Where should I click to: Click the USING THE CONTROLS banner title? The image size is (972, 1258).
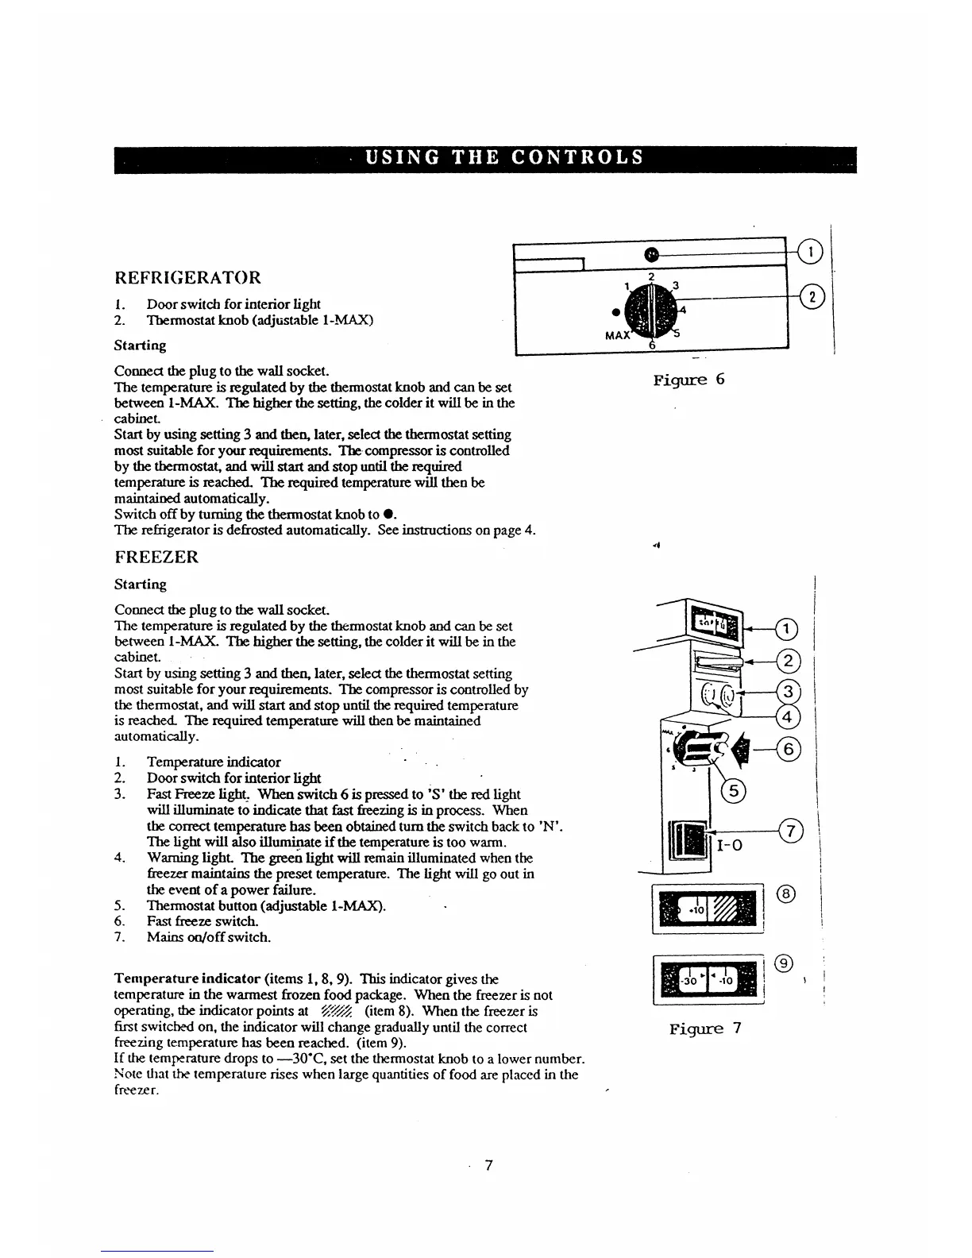(503, 157)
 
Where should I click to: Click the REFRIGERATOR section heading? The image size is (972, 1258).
(187, 278)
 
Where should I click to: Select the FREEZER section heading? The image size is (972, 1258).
(156, 557)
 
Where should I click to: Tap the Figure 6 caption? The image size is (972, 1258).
(688, 380)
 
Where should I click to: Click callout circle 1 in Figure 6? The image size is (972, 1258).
(810, 253)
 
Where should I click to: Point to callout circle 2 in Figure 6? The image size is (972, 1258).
(813, 298)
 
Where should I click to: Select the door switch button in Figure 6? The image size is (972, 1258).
(651, 254)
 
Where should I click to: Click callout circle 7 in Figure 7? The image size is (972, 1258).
(791, 831)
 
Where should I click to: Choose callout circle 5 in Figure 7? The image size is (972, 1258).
(731, 790)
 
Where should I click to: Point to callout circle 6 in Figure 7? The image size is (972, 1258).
(790, 748)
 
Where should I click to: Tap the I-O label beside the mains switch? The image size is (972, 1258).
(730, 847)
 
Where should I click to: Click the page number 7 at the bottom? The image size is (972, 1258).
(489, 1165)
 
